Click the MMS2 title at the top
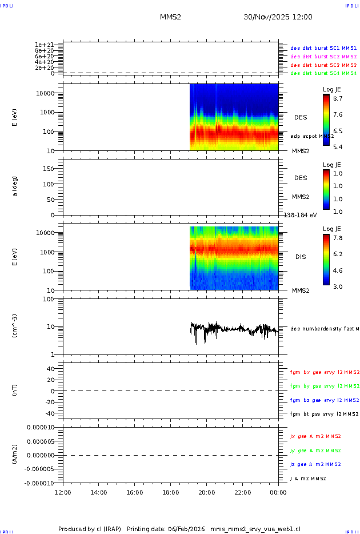(170, 17)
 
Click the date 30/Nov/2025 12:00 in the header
(278, 17)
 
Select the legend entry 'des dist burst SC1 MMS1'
(323, 49)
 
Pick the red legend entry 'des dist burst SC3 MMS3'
(323, 65)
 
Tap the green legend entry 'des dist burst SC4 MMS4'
(323, 73)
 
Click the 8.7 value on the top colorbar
(337, 98)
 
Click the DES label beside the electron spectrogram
(301, 117)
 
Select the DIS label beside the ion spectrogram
(301, 257)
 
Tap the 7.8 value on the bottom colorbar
(337, 238)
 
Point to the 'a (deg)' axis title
(15, 186)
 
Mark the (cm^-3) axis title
(15, 326)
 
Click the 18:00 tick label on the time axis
(171, 492)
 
